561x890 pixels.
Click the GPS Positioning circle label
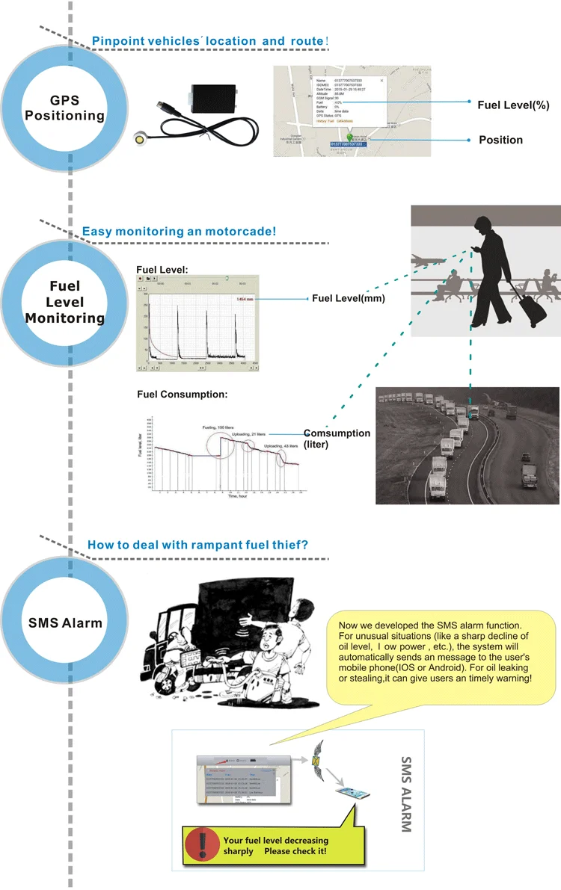64,108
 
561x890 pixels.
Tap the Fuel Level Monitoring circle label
65,302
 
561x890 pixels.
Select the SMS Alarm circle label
65,622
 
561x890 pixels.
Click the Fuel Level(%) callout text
513,105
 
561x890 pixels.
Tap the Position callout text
500,140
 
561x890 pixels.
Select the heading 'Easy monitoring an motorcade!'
179,232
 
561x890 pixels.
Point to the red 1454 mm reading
246,299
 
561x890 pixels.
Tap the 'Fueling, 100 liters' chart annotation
222,426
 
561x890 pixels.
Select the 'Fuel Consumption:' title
182,394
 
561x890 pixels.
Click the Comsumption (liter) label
337,438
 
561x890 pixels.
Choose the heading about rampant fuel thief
197,545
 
